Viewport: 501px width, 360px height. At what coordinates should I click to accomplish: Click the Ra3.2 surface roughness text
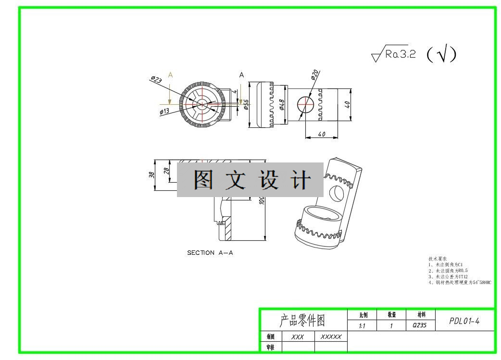click(400, 54)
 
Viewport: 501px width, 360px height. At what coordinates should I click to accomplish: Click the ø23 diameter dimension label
click(156, 79)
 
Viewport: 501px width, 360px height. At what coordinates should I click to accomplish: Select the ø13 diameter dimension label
click(165, 112)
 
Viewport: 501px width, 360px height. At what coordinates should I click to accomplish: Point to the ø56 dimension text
click(246, 105)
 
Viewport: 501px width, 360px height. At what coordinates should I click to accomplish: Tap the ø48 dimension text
click(282, 104)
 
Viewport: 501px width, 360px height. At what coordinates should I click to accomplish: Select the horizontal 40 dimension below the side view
click(322, 134)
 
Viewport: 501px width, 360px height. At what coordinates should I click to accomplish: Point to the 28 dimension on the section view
click(166, 171)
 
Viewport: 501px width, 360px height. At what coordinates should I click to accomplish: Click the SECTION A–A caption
click(210, 253)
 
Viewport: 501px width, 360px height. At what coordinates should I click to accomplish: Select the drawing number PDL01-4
click(464, 321)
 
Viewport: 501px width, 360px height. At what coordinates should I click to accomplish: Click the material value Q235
click(420, 326)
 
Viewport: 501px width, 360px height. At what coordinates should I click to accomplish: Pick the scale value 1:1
click(362, 326)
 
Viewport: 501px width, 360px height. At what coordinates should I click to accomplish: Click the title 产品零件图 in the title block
click(302, 321)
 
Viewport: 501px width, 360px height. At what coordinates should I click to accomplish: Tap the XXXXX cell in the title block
click(331, 337)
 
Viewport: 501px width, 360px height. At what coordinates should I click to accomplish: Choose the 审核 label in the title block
click(271, 347)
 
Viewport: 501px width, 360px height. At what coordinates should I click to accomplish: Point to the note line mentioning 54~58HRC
click(460, 283)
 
